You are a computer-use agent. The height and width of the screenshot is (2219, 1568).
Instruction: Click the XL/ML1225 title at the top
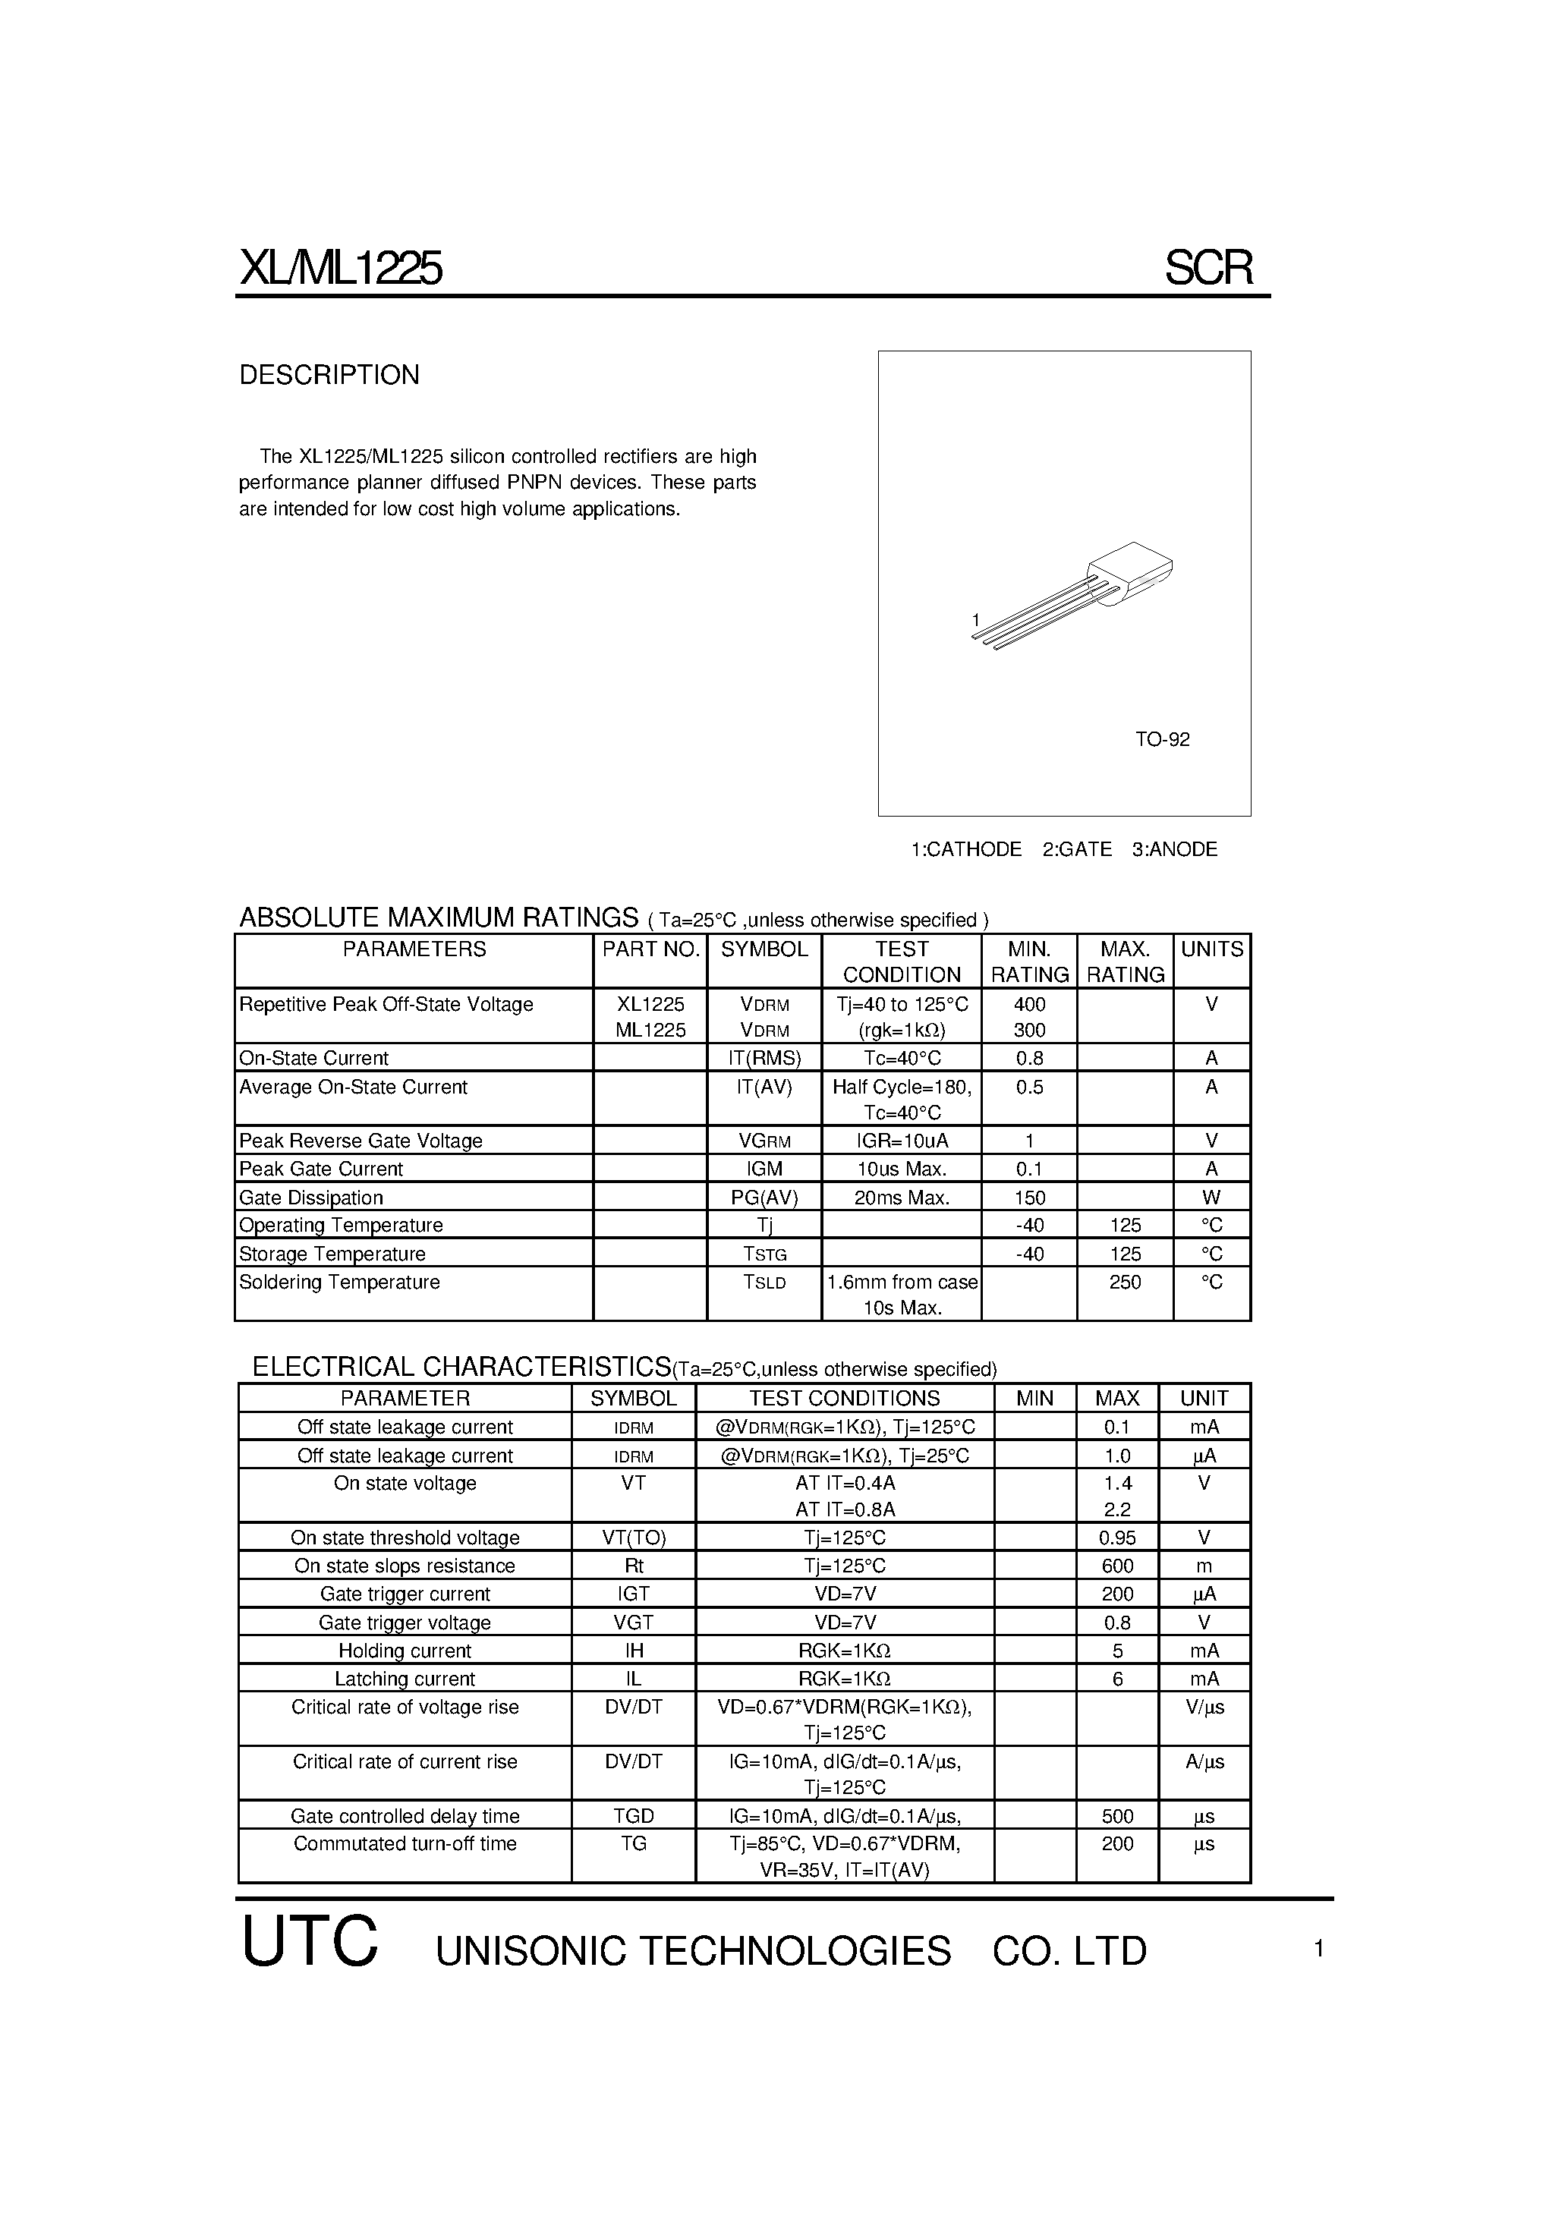coord(340,269)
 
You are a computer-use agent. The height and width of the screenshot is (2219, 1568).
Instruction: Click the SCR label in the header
coord(1208,268)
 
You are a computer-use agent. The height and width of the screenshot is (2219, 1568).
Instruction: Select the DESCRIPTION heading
coord(329,375)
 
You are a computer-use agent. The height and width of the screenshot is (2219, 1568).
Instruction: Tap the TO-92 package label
coord(1162,739)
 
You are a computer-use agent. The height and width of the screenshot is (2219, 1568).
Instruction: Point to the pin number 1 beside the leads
coord(976,619)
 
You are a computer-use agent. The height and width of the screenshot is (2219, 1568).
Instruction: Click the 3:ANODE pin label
coord(1175,849)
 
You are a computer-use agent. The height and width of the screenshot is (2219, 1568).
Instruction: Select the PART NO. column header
coord(650,949)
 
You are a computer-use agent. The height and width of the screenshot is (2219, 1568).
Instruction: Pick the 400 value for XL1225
coord(1030,1004)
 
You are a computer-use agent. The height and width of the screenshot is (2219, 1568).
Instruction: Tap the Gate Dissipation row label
coord(311,1198)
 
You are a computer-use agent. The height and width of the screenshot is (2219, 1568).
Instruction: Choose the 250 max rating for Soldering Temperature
coord(1126,1282)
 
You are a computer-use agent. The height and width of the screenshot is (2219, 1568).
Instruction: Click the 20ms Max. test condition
coord(901,1198)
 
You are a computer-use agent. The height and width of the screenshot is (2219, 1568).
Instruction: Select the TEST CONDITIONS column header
coord(844,1399)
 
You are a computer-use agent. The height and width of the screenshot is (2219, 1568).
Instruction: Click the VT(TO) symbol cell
coord(633,1538)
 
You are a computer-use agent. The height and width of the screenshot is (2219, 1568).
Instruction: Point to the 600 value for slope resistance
coord(1117,1566)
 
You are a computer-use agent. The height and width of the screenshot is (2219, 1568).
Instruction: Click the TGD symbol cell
coord(633,1816)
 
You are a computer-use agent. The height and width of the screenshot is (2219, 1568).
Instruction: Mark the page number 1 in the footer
coord(1318,1950)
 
